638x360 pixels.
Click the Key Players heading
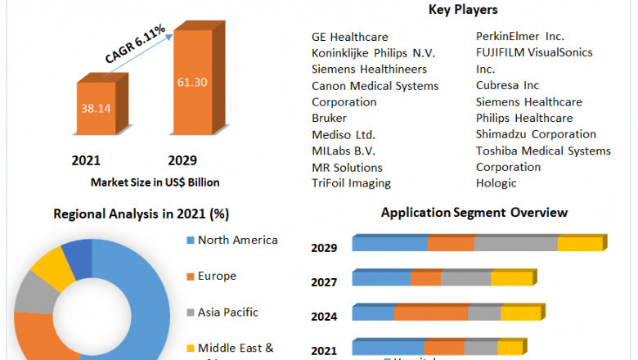[x=463, y=10]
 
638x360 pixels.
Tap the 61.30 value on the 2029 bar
[x=193, y=82]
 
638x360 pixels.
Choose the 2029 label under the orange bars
[x=182, y=160]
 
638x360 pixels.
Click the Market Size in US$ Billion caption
[x=155, y=182]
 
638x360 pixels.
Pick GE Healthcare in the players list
[x=349, y=37]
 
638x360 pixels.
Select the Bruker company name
[x=330, y=118]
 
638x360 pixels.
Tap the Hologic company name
[x=496, y=183]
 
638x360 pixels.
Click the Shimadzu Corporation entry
[x=536, y=134]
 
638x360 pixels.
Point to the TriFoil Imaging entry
[x=351, y=183]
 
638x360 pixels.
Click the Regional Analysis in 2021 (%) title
[x=141, y=214]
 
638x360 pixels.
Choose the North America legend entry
[x=238, y=240]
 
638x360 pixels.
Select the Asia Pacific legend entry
[x=228, y=312]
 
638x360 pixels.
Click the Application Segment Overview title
[x=474, y=213]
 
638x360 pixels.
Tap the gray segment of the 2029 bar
[x=515, y=244]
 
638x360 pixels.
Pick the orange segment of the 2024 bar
[x=430, y=313]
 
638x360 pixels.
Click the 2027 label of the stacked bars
[x=325, y=282]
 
